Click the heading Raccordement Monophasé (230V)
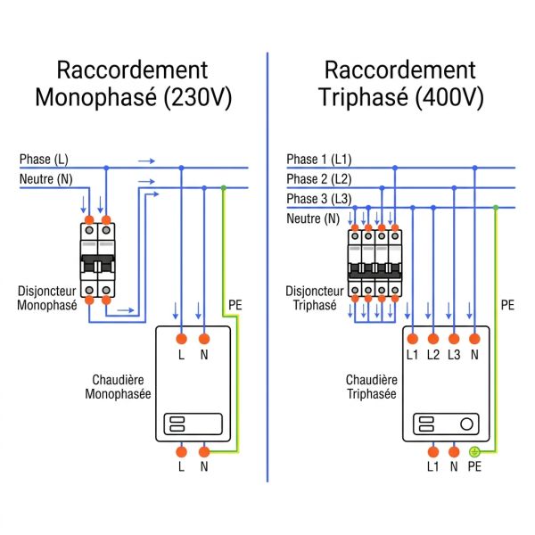tap(133, 84)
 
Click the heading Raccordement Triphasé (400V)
tap(400, 84)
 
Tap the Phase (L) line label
tap(44, 159)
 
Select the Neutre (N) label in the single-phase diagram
tap(46, 180)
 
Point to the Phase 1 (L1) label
tap(318, 159)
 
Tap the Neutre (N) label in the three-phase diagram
tap(313, 218)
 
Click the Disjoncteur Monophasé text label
tap(47, 298)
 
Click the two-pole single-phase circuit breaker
tap(97, 260)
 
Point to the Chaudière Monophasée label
tap(117, 386)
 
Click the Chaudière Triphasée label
tap(371, 386)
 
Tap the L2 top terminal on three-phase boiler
tap(432, 339)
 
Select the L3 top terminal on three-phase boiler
tap(454, 339)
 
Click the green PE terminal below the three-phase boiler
tap(474, 452)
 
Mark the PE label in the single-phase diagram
tap(235, 305)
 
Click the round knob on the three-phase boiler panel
tap(466, 424)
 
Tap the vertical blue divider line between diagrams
tap(267, 267)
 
